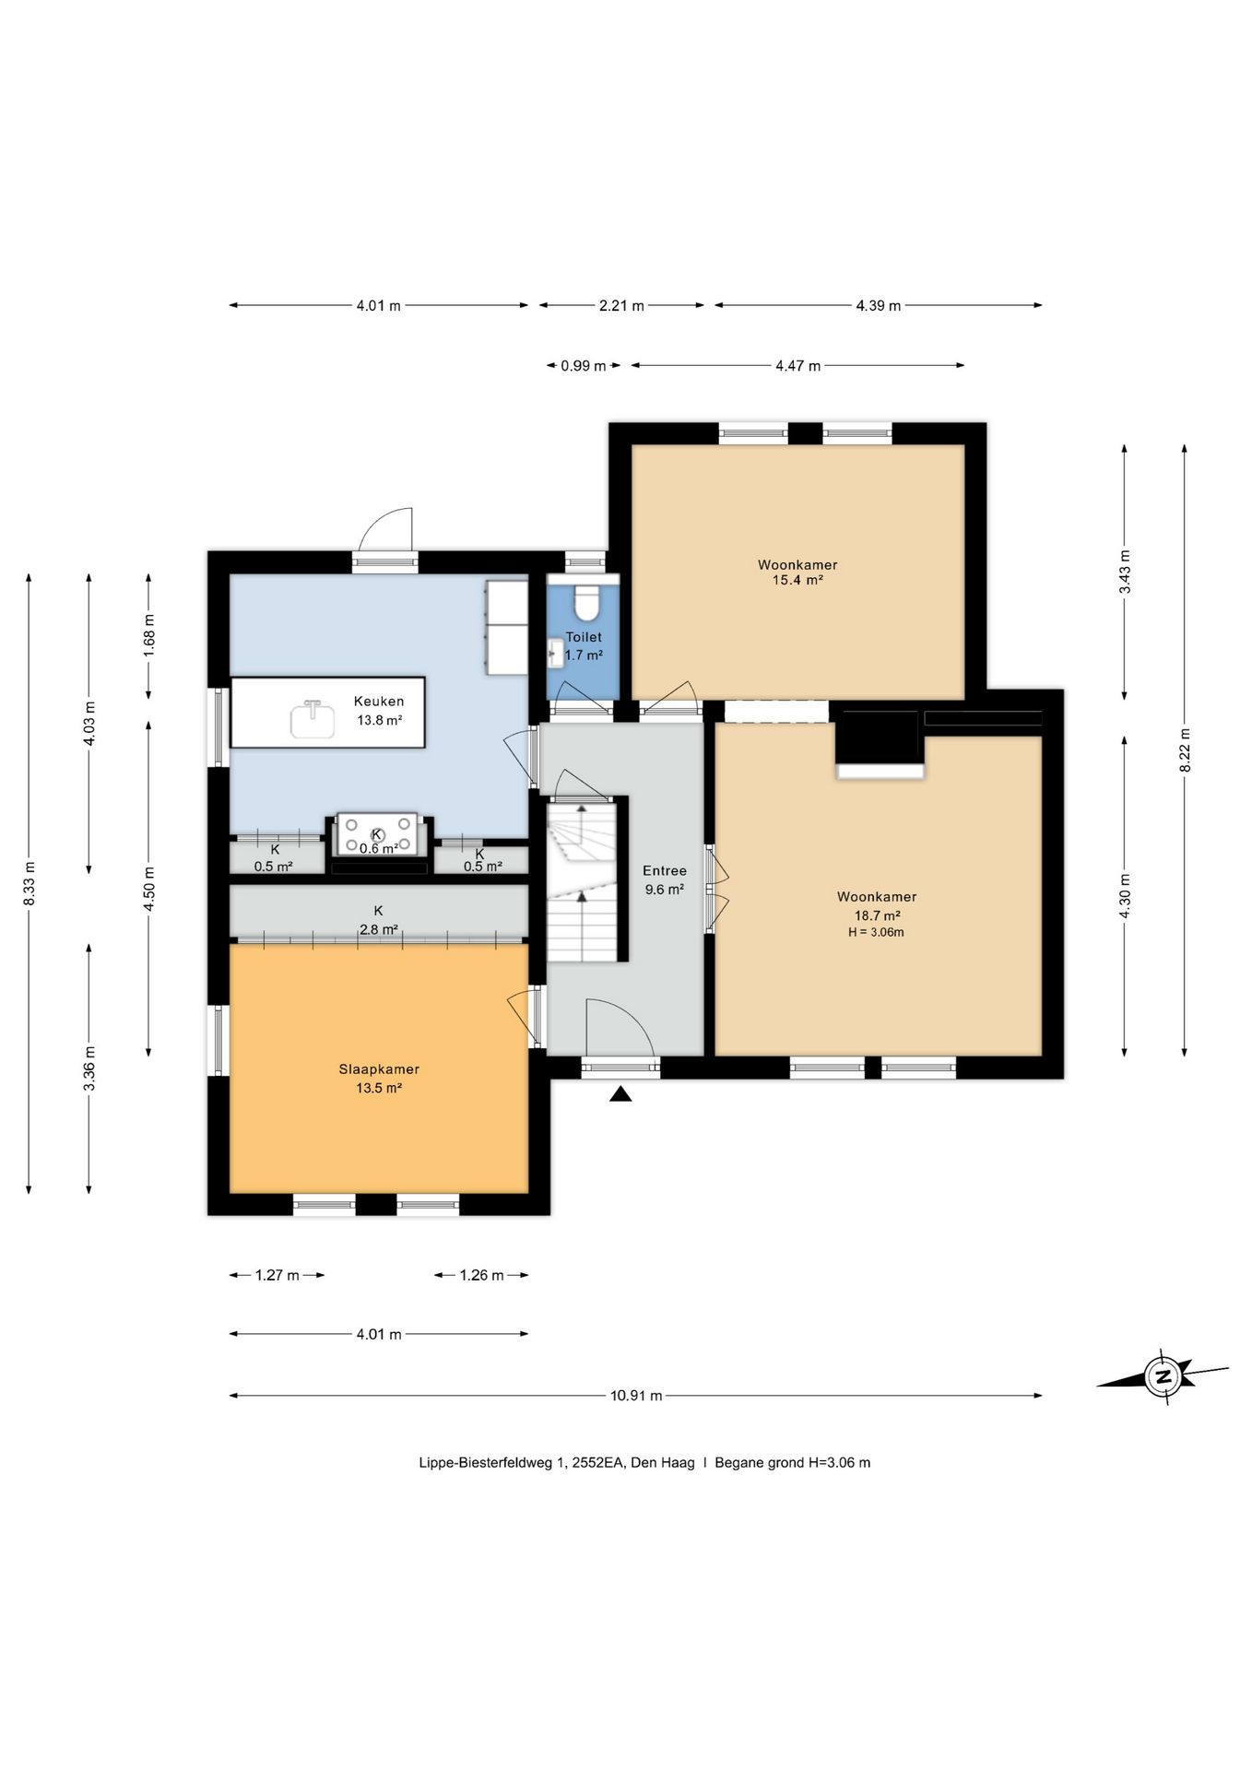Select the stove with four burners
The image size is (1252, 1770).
click(376, 834)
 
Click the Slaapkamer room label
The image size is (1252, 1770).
click(379, 1069)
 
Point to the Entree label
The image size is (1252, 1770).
click(665, 870)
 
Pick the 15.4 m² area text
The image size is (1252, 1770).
click(797, 580)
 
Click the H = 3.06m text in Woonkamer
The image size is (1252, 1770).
click(876, 932)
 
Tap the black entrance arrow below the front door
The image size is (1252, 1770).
click(621, 1093)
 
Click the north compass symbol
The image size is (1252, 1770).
click(1163, 1377)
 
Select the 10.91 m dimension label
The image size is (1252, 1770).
click(636, 1395)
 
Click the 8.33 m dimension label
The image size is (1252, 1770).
click(29, 883)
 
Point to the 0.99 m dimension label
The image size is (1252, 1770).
click(584, 366)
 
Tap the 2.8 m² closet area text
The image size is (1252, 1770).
click(379, 930)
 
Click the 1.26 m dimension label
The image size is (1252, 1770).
click(481, 1275)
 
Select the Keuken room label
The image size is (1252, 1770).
click(379, 702)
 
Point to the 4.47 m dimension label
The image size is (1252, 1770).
click(797, 366)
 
